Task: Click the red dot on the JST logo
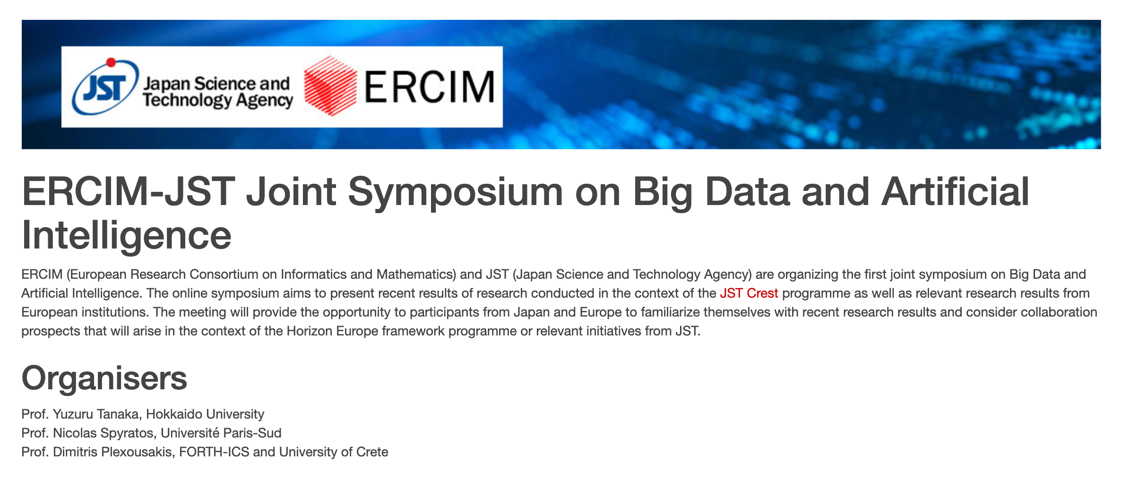click(x=111, y=62)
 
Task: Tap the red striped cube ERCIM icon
click(x=330, y=86)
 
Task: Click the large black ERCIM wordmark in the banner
click(x=430, y=86)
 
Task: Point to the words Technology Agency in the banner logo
click(x=218, y=101)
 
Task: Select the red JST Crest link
click(x=749, y=293)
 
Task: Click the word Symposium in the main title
click(x=456, y=193)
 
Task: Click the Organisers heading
click(x=104, y=378)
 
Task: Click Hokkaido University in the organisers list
click(x=205, y=414)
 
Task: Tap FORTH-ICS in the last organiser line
click(x=214, y=452)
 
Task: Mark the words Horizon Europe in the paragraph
click(x=333, y=331)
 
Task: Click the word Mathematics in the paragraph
click(x=416, y=274)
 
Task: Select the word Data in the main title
click(x=747, y=193)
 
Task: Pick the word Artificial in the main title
click(x=955, y=193)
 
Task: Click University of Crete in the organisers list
click(x=334, y=452)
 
